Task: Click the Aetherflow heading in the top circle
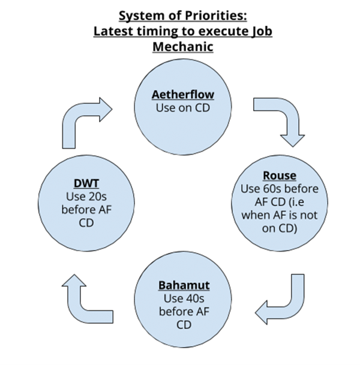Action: pyautogui.click(x=183, y=95)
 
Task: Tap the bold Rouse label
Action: pyautogui.click(x=280, y=176)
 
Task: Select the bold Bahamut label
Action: pyautogui.click(x=184, y=283)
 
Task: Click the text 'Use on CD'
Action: pyautogui.click(x=183, y=108)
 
